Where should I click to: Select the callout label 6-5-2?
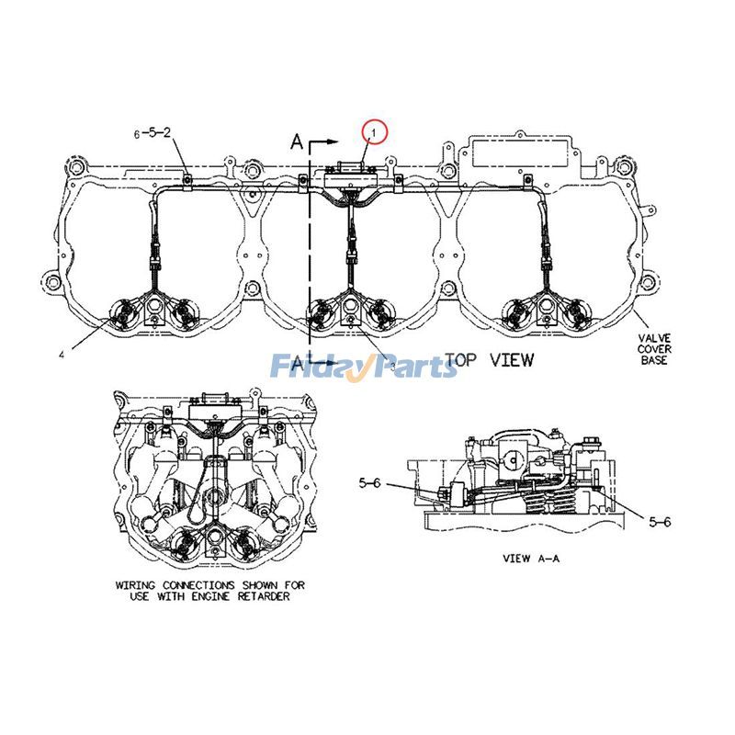[x=153, y=133]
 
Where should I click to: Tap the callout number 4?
[x=61, y=354]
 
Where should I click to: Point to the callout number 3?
[x=392, y=365]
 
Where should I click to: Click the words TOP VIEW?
[x=489, y=359]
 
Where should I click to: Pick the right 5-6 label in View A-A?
[x=660, y=521]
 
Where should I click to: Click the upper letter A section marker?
[x=296, y=141]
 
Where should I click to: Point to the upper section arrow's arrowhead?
[x=335, y=143]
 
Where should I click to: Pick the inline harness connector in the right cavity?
[x=548, y=266]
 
